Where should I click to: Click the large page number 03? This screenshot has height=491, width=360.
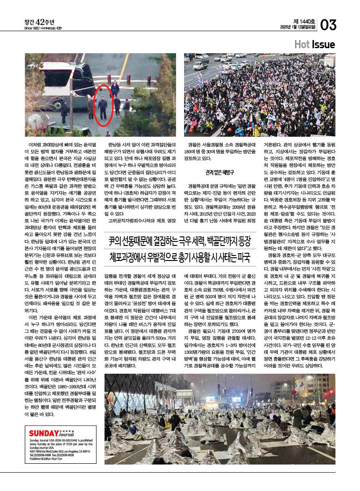(x=329, y=25)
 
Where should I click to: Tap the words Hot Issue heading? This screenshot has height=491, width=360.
(x=314, y=45)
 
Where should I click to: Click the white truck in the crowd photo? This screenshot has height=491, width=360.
(x=200, y=65)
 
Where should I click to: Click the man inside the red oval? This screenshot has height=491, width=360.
(x=103, y=107)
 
